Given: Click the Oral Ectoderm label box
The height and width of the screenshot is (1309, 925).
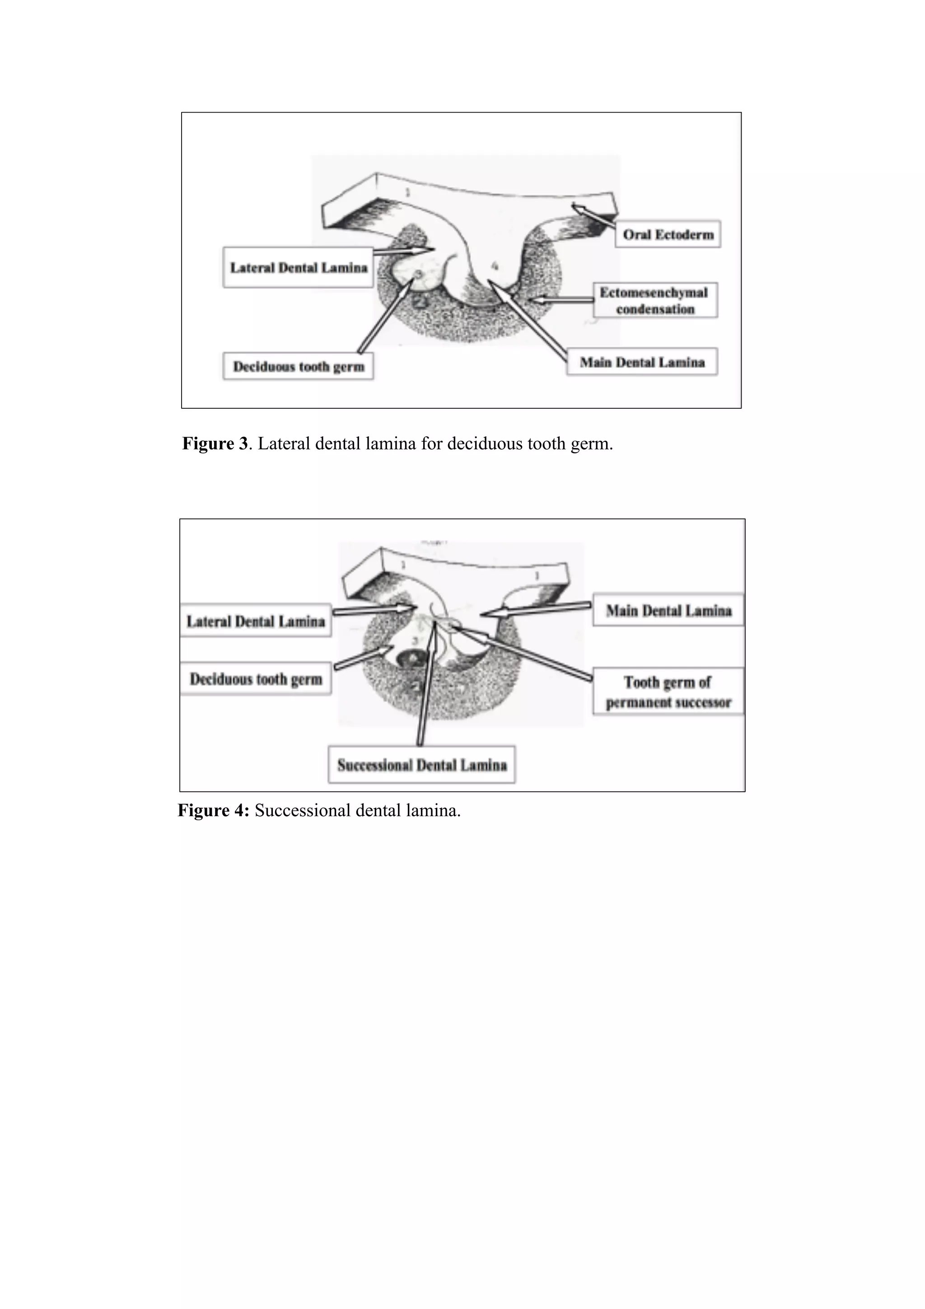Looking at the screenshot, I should point(668,234).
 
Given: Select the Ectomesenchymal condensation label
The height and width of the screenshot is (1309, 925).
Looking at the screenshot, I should point(654,300).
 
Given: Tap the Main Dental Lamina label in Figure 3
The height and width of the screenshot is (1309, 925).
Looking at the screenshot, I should point(642,362).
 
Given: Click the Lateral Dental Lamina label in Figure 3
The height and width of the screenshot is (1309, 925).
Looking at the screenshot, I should point(298,267).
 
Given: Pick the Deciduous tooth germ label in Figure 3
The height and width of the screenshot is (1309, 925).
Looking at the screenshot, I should point(298,367).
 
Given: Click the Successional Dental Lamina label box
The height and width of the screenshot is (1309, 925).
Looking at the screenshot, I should point(422,765).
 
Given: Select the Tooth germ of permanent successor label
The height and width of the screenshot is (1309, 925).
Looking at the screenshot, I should point(668,692).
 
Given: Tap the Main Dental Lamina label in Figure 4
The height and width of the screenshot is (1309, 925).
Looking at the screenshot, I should point(668,611).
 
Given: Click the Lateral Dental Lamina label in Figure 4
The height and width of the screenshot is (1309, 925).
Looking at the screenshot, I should point(255,621).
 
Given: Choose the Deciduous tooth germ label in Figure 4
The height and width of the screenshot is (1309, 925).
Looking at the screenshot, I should point(255,679).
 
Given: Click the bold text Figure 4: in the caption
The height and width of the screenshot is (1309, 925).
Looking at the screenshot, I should point(213,810).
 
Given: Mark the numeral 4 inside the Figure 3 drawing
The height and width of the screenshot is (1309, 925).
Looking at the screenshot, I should point(495,266).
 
